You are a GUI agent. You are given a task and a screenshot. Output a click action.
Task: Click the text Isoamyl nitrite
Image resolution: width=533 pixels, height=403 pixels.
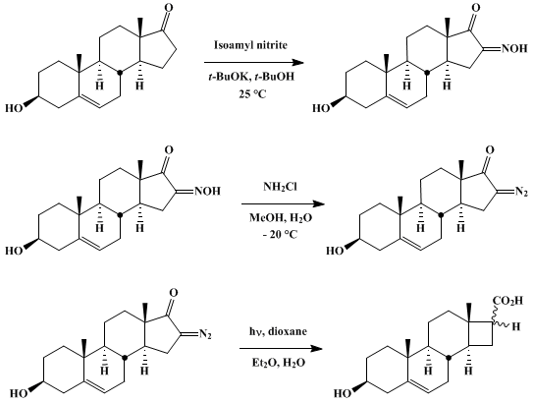point(250,45)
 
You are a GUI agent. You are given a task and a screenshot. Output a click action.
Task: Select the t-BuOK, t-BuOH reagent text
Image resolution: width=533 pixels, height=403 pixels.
point(251,77)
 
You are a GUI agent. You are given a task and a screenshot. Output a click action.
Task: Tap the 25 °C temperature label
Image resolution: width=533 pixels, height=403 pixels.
point(252,93)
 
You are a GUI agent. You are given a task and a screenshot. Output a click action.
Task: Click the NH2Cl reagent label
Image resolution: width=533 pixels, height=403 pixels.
point(280,187)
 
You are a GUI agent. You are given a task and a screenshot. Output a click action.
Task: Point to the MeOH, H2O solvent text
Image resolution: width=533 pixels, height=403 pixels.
point(281,217)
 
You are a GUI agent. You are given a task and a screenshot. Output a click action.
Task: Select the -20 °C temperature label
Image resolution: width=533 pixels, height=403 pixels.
point(280,234)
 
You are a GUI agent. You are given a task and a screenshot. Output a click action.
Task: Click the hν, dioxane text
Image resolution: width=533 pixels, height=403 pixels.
point(278,331)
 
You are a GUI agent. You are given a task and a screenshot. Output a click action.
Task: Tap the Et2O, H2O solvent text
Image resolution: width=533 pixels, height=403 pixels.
point(279,363)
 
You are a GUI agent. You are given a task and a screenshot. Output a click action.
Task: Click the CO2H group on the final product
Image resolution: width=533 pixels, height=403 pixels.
point(507,301)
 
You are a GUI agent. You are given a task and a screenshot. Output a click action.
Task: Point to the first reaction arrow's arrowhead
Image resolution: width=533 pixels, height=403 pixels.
point(298,63)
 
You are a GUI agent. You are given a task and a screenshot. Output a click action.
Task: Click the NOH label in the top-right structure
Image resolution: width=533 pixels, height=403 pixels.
point(514,49)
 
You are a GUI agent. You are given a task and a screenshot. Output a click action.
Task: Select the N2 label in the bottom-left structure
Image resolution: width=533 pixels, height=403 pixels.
point(206,334)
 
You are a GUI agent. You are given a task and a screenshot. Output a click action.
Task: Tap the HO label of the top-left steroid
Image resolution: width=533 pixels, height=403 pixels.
point(15,108)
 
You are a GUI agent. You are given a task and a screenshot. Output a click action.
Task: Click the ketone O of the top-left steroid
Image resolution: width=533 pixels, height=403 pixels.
point(169,8)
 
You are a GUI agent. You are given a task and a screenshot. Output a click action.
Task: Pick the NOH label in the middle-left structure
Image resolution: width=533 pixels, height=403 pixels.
point(207,191)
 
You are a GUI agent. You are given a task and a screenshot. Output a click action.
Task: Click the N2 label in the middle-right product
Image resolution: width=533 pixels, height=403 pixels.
point(522,192)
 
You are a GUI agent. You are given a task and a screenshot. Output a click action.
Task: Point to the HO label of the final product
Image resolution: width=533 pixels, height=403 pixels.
point(343,394)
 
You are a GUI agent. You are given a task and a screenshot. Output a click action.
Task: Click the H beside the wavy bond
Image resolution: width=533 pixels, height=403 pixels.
point(516,326)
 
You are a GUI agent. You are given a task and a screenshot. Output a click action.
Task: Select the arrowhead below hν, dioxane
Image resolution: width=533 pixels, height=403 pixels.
point(317,349)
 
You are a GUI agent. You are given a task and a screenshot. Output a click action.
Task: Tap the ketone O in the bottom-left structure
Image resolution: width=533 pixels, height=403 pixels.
point(174,292)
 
